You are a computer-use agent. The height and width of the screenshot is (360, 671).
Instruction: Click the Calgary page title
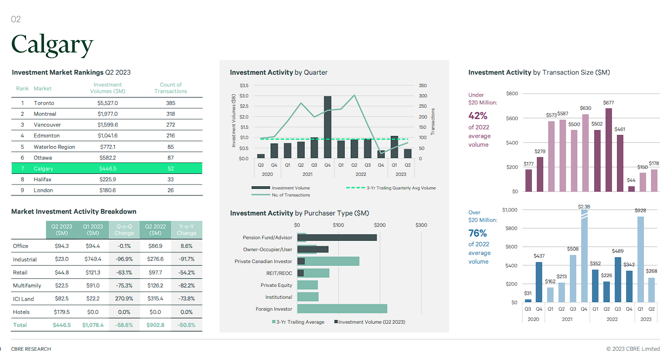click(x=52, y=44)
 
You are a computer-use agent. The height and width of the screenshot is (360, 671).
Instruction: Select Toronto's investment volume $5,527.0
click(x=108, y=103)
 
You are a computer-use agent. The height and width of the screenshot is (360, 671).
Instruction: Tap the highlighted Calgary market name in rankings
click(x=43, y=168)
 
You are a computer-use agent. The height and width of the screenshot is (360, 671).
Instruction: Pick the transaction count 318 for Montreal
click(x=170, y=114)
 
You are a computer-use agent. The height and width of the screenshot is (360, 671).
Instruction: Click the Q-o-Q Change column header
click(x=124, y=230)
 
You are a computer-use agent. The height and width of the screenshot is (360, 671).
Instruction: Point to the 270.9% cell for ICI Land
click(x=124, y=299)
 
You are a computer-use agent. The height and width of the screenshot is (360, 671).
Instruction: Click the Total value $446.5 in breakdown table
click(x=62, y=325)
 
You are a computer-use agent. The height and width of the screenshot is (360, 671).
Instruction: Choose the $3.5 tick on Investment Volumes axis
click(x=244, y=86)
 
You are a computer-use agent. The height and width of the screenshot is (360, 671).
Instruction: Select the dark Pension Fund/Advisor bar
click(x=337, y=238)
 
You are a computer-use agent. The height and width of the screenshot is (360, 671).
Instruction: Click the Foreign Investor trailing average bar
click(x=342, y=309)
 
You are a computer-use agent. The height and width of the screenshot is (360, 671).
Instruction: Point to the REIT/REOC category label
click(x=279, y=273)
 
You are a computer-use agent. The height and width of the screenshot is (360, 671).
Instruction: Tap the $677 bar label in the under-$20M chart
click(x=608, y=103)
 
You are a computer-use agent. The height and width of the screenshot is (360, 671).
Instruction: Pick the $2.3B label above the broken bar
click(x=584, y=207)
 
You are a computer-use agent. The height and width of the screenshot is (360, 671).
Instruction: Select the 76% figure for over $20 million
click(x=478, y=233)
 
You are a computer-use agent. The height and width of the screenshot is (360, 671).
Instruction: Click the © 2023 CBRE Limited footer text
click(x=633, y=349)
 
